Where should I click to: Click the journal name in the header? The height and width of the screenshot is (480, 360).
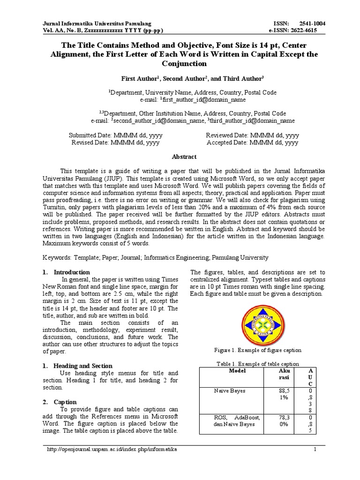coord(97,23)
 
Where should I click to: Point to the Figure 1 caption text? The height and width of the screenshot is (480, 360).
coord(257,351)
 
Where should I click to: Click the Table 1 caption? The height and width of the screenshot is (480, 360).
coord(257,364)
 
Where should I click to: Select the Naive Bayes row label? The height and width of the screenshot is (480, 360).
coord(227,390)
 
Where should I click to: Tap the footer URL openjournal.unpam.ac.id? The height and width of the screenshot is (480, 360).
coord(112,450)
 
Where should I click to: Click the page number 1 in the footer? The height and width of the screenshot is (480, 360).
coord(315,450)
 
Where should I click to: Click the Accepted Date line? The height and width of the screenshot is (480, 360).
coord(252,142)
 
